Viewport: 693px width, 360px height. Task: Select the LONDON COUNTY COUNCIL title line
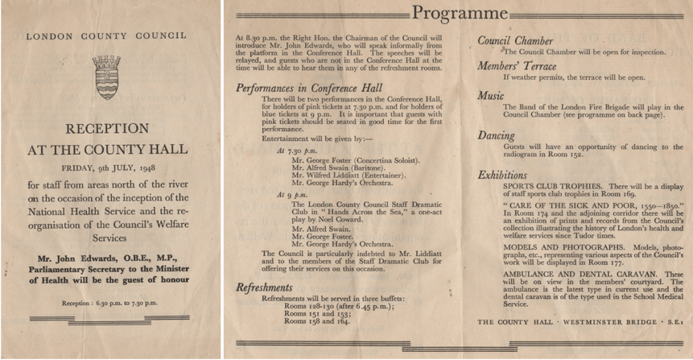[x=106, y=36]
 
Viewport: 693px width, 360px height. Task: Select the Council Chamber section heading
[x=515, y=40]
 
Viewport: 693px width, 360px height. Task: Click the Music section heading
[x=490, y=96]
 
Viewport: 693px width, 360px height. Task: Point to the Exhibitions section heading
[x=503, y=174]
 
